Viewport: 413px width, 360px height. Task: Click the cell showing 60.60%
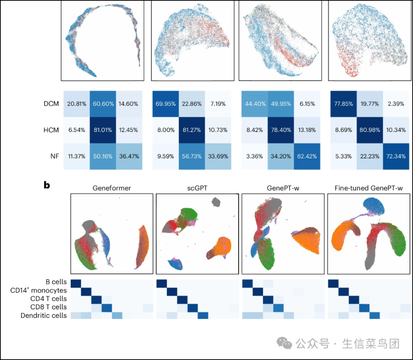[102, 104]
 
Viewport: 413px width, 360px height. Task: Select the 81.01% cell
[102, 130]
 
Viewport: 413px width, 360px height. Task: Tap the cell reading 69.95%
[165, 104]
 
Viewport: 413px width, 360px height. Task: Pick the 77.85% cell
[343, 104]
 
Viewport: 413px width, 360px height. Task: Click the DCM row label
[52, 104]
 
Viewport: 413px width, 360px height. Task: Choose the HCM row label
[51, 130]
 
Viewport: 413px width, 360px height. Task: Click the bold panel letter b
[47, 186]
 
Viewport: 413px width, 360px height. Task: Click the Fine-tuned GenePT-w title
[368, 188]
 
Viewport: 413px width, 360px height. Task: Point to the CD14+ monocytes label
[39, 291]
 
